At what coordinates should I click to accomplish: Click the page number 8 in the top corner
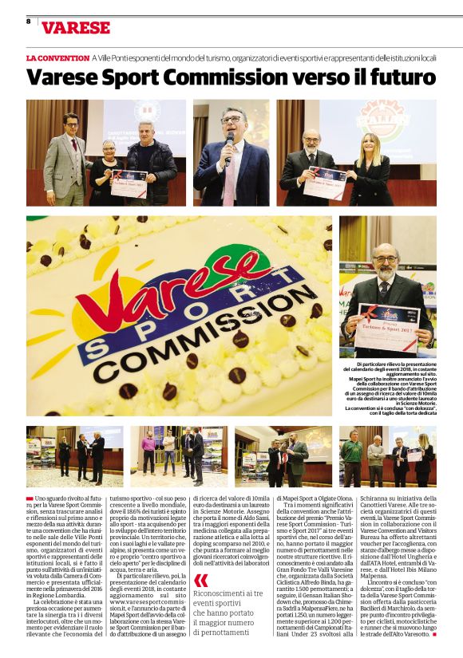28,22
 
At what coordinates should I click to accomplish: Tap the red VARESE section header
76,28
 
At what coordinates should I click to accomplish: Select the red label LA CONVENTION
57,58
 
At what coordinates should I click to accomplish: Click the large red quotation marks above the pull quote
202,580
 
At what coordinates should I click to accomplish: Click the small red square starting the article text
30,497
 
